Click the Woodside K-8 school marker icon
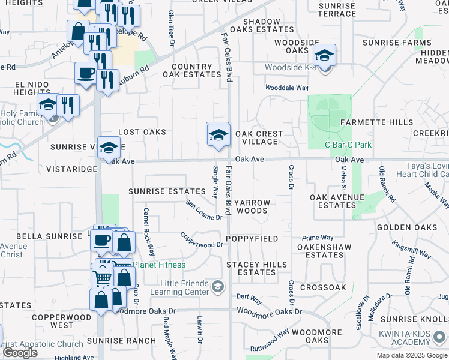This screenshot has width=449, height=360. [x=325, y=56]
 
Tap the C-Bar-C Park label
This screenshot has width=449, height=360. [x=348, y=145]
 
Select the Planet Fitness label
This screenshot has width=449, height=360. [x=159, y=265]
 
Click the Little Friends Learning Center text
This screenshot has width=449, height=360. [x=184, y=287]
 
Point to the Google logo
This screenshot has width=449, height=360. [x=20, y=353]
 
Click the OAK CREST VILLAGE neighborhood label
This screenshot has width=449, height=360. [x=256, y=137]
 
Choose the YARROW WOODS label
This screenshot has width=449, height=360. [x=252, y=207]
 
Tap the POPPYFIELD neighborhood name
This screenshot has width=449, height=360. [x=252, y=239]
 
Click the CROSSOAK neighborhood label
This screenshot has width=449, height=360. [x=323, y=287]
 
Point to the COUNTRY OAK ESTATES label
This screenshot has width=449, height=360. [x=192, y=71]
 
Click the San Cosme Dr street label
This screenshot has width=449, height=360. [x=203, y=209]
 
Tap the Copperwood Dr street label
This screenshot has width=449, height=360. [x=202, y=241]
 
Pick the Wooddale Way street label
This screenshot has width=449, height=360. [x=287, y=88]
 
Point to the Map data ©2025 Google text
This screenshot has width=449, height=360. [x=411, y=355]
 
